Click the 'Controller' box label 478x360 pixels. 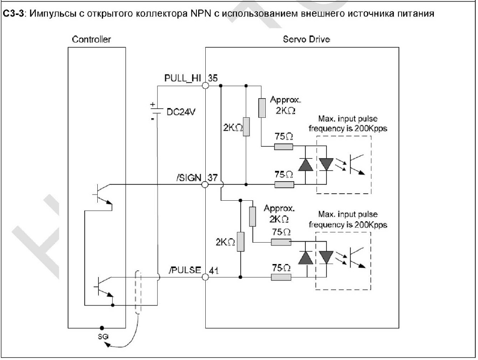[x=91, y=40]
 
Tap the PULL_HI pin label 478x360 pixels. [x=182, y=78]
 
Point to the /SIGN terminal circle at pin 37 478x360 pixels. [x=205, y=184]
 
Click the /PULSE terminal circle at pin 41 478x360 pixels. [x=205, y=277]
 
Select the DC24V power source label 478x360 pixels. [x=175, y=112]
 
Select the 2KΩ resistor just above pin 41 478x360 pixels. [x=241, y=241]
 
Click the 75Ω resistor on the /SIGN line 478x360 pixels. [x=283, y=184]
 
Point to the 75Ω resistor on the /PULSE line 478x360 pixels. [x=281, y=277]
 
